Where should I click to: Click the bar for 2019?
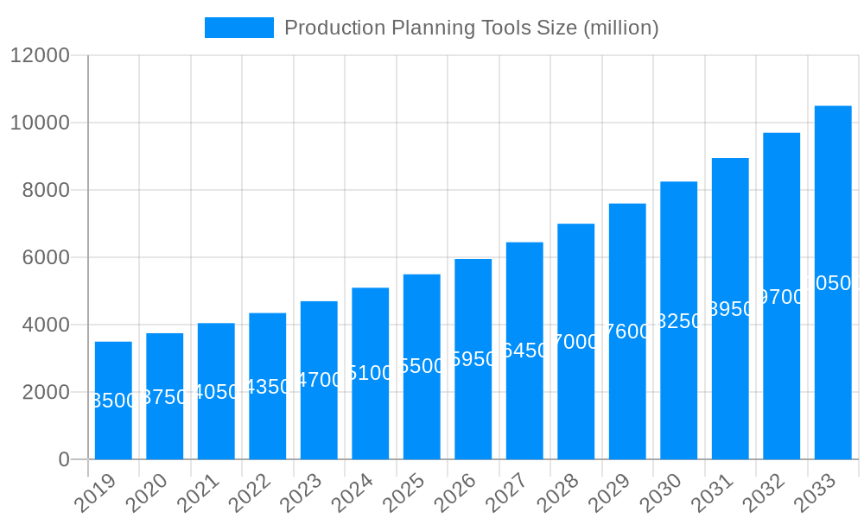pyautogui.click(x=113, y=401)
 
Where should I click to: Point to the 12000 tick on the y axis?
pyautogui.click(x=40, y=55)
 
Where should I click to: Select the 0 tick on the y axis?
pyautogui.click(x=64, y=459)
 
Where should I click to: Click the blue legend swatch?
pyautogui.click(x=238, y=28)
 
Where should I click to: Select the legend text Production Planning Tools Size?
pyautogui.click(x=471, y=28)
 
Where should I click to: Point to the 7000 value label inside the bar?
pyautogui.click(x=576, y=342)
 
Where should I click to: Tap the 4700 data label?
pyautogui.click(x=319, y=380)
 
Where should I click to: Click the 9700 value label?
pyautogui.click(x=781, y=297)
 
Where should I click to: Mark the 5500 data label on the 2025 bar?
pyautogui.click(x=422, y=366)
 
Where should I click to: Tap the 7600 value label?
pyautogui.click(x=627, y=332)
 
